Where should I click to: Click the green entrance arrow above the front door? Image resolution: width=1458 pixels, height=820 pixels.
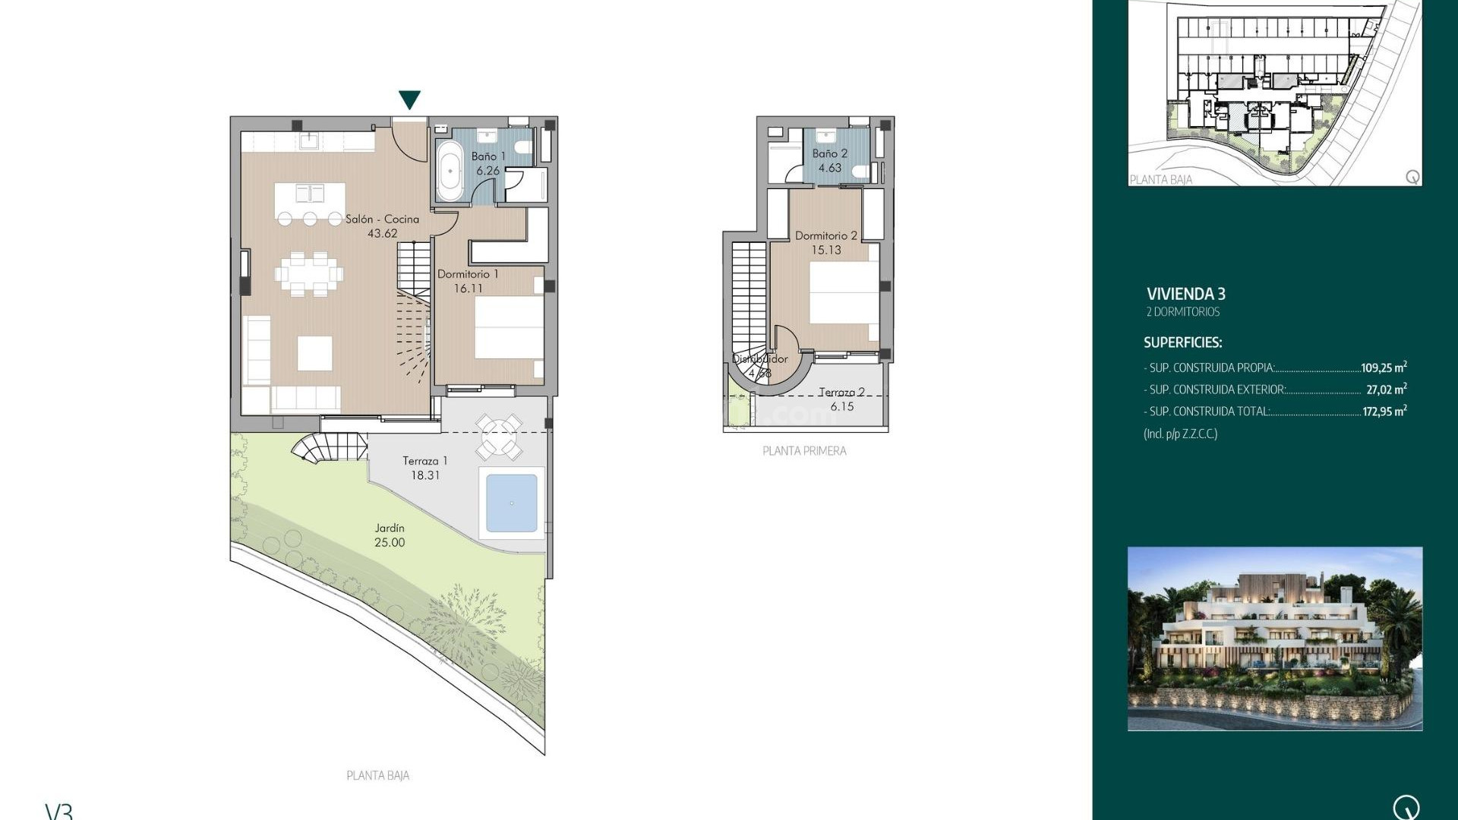pyautogui.click(x=409, y=99)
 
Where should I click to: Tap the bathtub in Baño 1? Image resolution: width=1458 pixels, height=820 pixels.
pyautogui.click(x=450, y=171)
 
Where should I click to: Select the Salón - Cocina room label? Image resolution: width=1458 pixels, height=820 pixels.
pyautogui.click(x=382, y=219)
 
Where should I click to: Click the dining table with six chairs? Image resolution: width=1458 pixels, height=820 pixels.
pyautogui.click(x=309, y=273)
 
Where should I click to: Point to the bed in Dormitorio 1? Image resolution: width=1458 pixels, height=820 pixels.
pyautogui.click(x=508, y=327)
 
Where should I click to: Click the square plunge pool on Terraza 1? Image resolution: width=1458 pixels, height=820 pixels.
pyautogui.click(x=511, y=503)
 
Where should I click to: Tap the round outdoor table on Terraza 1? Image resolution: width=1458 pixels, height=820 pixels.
pyautogui.click(x=499, y=437)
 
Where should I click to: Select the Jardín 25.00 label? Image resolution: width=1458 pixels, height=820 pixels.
pyautogui.click(x=390, y=535)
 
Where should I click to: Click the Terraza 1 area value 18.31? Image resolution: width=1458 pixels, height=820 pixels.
pyautogui.click(x=425, y=475)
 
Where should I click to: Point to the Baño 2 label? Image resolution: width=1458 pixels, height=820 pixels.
pyautogui.click(x=829, y=153)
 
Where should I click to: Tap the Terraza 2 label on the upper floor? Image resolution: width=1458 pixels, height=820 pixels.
pyautogui.click(x=841, y=393)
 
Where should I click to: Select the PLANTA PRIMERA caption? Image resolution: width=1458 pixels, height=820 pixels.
pyautogui.click(x=804, y=451)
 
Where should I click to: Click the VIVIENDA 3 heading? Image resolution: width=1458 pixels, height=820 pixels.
pyautogui.click(x=1185, y=294)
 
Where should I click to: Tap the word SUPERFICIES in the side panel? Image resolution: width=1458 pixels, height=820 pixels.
pyautogui.click(x=1182, y=342)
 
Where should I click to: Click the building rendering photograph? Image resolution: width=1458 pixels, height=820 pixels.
pyautogui.click(x=1274, y=639)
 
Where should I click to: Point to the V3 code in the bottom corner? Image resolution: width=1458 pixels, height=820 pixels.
pyautogui.click(x=59, y=811)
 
